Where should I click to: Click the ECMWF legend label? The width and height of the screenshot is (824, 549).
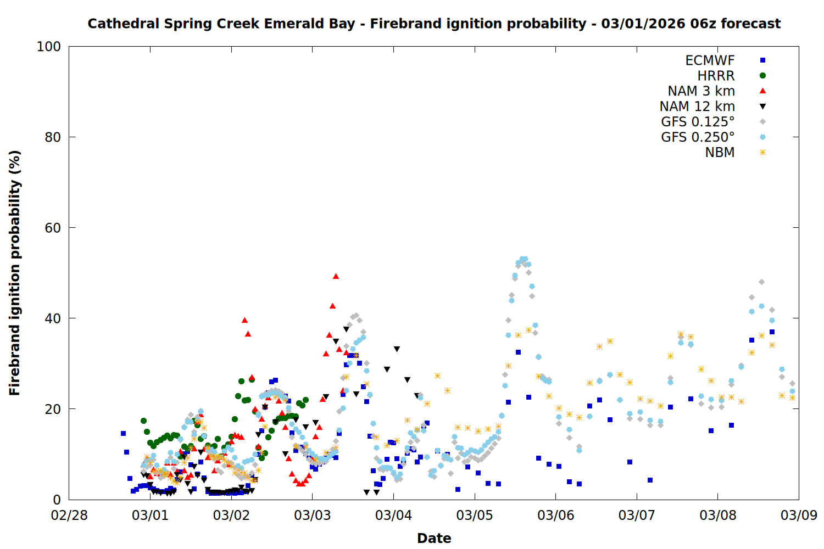pos(710,60)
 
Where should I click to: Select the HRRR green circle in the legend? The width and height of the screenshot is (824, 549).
pos(762,76)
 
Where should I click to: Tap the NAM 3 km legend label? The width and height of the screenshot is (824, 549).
pos(701,91)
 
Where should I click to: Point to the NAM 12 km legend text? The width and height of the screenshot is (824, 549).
pos(697,107)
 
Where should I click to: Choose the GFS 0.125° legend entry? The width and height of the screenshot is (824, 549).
pos(698,122)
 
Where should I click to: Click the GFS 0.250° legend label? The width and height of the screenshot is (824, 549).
pos(698,137)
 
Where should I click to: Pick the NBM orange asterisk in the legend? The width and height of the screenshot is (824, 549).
pos(762,153)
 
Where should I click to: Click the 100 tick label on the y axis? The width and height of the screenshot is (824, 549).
pos(49,47)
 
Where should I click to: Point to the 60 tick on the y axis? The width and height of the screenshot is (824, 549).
pos(53,228)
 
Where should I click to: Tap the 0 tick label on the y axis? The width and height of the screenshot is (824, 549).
pos(57,500)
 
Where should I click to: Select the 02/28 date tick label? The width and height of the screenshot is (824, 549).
pos(69,516)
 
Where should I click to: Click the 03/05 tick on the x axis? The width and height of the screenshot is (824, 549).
pos(475,516)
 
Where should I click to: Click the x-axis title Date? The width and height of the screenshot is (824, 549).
pos(434,538)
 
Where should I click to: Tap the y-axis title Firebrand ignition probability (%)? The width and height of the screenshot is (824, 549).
pos(14,273)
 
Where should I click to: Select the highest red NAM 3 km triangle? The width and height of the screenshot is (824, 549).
pos(336,276)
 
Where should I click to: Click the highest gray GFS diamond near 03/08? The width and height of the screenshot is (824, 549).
pos(761,282)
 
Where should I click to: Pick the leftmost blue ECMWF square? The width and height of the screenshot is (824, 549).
pos(123,433)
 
